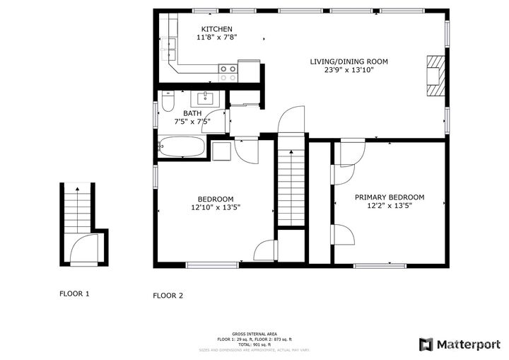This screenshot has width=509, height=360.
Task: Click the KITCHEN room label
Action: [x=216, y=29]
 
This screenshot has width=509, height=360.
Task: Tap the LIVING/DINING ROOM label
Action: [x=349, y=62]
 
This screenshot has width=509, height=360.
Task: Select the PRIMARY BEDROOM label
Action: [x=390, y=197]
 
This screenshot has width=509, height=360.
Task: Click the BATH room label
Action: [x=192, y=113]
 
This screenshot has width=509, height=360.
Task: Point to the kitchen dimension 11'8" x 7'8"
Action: [x=216, y=38]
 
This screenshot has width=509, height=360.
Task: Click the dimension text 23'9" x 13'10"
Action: [x=349, y=71]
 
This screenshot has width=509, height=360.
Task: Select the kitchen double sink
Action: [x=170, y=46]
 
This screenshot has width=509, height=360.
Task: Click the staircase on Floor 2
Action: [x=290, y=186]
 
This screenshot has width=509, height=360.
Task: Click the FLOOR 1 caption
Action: [x=74, y=294]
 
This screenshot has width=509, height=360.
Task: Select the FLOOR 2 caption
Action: [x=168, y=296]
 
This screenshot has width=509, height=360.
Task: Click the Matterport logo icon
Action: [x=426, y=344]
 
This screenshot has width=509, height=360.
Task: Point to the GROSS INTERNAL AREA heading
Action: [x=255, y=334]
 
